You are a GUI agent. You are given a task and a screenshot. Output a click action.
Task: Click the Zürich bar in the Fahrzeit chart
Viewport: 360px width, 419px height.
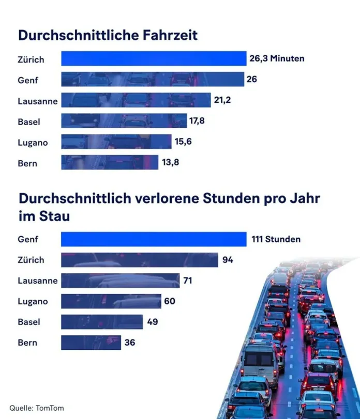click(x=153, y=59)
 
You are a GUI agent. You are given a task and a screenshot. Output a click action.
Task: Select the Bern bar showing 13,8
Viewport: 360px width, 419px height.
click(x=110, y=162)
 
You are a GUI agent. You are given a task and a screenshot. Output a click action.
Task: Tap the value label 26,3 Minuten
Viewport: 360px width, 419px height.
click(x=277, y=59)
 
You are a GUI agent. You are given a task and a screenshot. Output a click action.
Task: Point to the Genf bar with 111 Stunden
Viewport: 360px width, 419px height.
click(x=153, y=240)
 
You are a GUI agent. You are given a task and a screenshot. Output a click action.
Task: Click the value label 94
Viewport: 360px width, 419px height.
click(x=228, y=260)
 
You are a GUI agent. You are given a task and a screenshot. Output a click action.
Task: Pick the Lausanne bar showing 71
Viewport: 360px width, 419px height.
click(x=120, y=281)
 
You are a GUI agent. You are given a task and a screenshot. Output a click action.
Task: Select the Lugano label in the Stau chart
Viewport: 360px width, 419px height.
click(x=33, y=301)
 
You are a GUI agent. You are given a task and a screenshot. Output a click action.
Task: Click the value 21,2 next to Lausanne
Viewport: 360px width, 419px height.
click(x=222, y=100)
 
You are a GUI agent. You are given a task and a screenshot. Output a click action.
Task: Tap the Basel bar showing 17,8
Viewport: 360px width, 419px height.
click(x=124, y=121)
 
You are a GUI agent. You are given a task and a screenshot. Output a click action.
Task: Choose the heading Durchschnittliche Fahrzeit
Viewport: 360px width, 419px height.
click(x=108, y=35)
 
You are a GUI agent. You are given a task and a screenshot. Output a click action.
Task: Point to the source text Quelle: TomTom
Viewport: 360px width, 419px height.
click(x=36, y=408)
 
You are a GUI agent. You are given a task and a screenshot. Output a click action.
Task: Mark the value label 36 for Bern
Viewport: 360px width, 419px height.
click(x=130, y=343)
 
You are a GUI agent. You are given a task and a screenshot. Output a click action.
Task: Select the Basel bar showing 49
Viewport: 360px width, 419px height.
click(x=102, y=322)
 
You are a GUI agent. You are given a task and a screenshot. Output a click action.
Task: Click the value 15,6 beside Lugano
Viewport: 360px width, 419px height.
click(x=183, y=142)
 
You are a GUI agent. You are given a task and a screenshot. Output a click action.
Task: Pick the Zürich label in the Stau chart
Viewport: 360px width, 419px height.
click(x=31, y=260)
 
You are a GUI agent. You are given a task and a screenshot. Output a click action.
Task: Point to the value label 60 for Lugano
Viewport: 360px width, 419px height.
click(x=170, y=301)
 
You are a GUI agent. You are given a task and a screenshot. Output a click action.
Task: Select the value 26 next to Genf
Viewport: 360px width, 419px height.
click(x=252, y=80)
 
